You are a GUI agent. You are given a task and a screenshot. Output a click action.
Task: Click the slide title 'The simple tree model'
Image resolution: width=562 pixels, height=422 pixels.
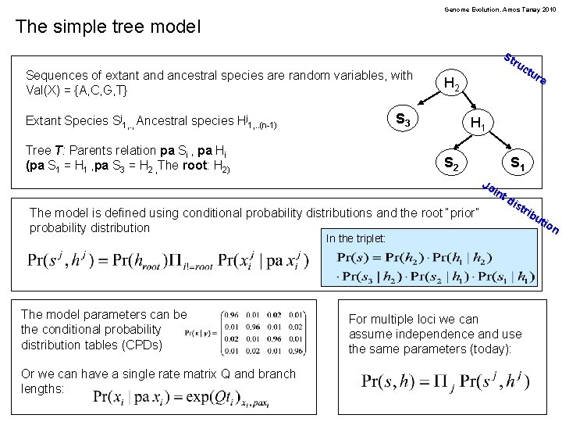click(108, 27)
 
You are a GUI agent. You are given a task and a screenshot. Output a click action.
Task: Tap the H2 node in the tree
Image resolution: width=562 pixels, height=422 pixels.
click(455, 83)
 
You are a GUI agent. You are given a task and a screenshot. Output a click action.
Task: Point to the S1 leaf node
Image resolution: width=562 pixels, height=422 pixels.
click(517, 164)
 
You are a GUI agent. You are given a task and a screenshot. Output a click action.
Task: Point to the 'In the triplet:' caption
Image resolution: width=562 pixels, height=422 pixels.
click(355, 238)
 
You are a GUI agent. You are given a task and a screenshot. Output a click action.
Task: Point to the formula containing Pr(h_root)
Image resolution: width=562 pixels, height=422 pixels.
click(168, 259)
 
